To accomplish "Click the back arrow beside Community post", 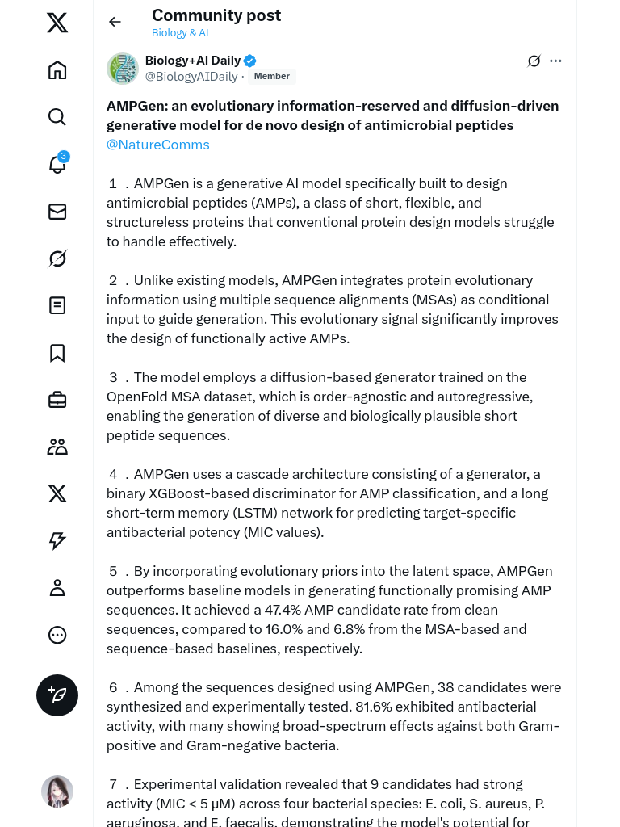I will (115, 22).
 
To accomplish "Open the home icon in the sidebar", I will (57, 70).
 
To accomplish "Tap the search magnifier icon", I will (57, 117).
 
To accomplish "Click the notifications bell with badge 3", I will (57, 164).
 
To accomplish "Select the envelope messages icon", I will (57, 212).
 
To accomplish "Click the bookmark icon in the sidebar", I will (57, 353).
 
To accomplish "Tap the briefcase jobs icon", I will (57, 400).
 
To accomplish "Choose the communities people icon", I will (57, 447).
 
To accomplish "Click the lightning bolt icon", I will (57, 540).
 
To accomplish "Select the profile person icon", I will (57, 587).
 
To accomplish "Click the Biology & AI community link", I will (180, 33).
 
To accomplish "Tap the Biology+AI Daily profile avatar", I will (123, 69).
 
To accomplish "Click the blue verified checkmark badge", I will (250, 61).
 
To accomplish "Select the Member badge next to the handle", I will (272, 77).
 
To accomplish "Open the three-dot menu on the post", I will (555, 61).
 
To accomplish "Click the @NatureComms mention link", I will (158, 145).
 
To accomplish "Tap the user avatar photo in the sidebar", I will (57, 791).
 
